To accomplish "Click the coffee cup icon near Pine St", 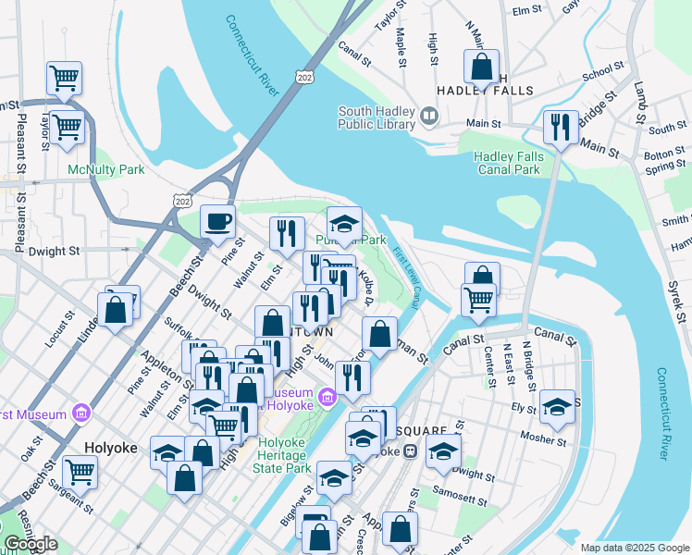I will tap(218, 222).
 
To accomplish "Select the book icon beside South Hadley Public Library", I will tap(429, 117).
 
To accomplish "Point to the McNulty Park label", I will tap(105, 169).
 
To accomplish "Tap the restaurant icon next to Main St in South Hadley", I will tap(561, 128).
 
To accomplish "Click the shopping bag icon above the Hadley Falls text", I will tap(482, 67).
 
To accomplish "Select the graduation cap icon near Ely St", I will tap(557, 407).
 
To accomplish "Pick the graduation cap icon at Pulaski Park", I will tap(344, 224).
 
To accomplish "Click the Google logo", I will tap(30, 544).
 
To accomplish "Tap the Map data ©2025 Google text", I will tap(634, 548).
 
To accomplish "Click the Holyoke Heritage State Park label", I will tap(281, 455).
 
